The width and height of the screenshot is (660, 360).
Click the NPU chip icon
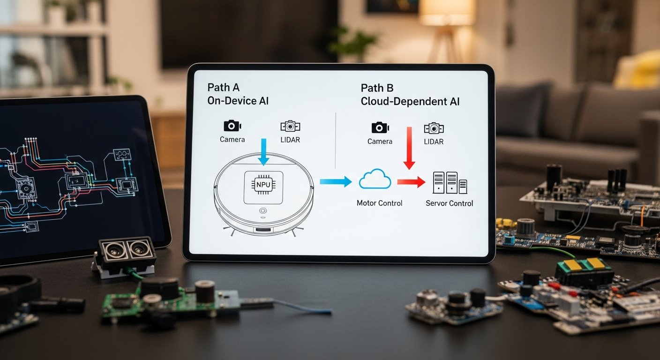coord(263,184)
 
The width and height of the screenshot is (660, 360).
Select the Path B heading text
coord(377,88)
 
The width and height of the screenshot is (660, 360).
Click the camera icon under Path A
coord(232,126)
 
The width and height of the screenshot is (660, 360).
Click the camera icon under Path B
coord(380,127)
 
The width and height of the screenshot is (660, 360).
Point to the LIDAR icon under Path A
coord(290,126)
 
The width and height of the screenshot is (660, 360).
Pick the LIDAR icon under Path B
coord(434,128)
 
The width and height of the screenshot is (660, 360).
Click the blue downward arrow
coord(263,151)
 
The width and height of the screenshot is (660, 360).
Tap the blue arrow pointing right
coord(336,181)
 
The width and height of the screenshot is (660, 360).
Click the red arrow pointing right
coord(411,181)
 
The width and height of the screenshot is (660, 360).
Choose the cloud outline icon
coord(375,180)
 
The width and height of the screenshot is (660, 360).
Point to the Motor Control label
coord(379,203)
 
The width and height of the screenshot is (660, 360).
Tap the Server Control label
coord(449,203)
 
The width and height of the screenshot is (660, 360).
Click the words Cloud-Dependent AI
coord(410,102)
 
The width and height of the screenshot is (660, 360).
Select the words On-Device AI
coord(238,101)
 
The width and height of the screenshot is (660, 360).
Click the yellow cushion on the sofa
coord(640,70)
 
